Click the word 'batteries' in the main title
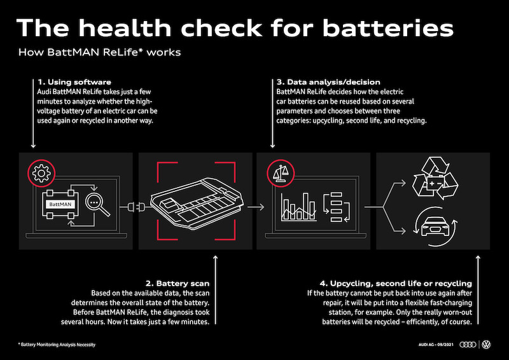point(388,28)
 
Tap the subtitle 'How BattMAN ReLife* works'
point(99,52)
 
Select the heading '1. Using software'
point(74,82)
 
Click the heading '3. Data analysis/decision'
point(328,82)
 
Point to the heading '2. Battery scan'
point(178,284)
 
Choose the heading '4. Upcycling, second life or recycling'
point(396,284)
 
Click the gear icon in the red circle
point(41,173)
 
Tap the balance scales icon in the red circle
point(281,174)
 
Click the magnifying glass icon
point(97,205)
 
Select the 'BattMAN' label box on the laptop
point(60,204)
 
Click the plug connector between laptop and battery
point(136,207)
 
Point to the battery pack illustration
point(197,202)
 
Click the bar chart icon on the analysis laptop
point(298,207)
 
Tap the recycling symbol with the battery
point(435,178)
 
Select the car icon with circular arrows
point(435,226)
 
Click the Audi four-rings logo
point(468,345)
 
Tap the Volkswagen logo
point(486,345)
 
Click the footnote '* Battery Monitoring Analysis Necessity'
point(57,345)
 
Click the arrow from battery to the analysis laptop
point(256,207)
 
